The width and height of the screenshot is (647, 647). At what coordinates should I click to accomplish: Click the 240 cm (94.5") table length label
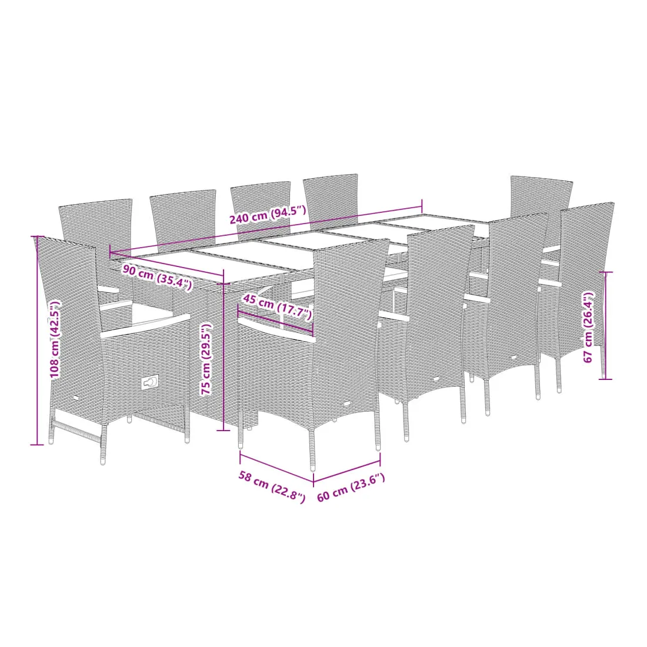(x=268, y=215)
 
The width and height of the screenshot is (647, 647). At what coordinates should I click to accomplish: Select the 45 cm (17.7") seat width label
(x=277, y=306)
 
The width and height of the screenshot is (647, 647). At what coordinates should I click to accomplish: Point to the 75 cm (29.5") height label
(x=206, y=359)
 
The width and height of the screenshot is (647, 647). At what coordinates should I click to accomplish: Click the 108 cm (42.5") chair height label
(x=55, y=339)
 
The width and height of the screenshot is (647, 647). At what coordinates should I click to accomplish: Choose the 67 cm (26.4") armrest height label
(x=588, y=327)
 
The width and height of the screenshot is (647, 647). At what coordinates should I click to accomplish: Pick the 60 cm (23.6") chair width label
(x=351, y=488)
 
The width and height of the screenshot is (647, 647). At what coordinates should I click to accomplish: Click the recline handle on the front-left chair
(x=150, y=382)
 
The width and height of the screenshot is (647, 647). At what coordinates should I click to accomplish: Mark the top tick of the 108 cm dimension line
(x=37, y=236)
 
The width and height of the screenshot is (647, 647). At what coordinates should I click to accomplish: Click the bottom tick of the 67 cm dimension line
(x=605, y=379)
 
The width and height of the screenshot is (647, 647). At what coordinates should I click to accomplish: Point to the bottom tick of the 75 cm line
(x=224, y=431)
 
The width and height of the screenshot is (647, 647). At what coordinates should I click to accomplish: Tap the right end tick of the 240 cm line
(x=422, y=205)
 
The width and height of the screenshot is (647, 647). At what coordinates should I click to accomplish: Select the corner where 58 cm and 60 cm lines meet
(x=314, y=482)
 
